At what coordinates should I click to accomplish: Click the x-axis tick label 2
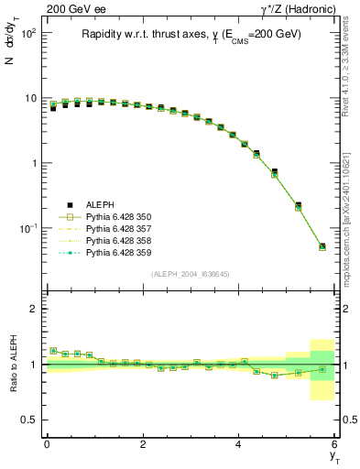tap(143, 444)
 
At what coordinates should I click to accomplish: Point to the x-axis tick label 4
tap(239, 444)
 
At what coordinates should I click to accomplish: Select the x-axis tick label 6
tap(334, 444)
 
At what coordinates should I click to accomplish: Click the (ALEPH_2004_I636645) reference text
tap(191, 273)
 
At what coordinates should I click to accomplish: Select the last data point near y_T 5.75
tap(322, 245)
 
